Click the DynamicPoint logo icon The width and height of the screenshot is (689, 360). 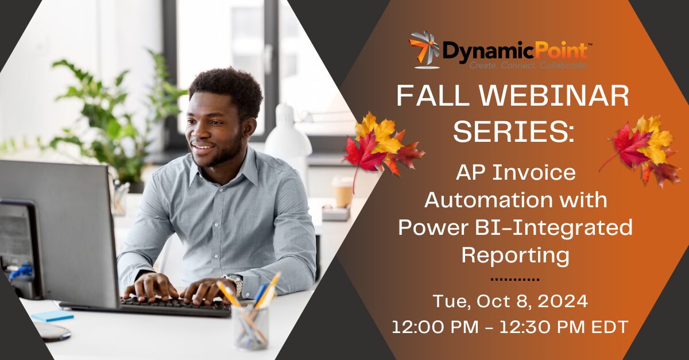pos(424,49)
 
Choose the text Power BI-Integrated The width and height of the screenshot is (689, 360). pos(515,228)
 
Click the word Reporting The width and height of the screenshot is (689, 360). pos(515,255)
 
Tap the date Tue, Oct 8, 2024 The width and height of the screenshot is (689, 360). pos(510,300)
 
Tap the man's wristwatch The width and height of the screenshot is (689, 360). pos(234,283)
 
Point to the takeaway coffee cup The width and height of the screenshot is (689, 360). pos(342,191)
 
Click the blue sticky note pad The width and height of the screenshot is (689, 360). pos(52,315)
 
